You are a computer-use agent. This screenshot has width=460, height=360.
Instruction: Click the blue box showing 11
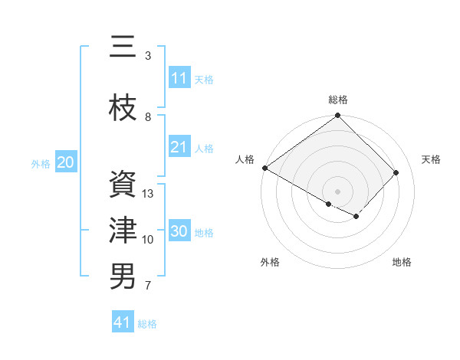pyautogui.click(x=179, y=78)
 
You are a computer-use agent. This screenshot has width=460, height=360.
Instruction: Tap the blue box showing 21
pyautogui.click(x=179, y=147)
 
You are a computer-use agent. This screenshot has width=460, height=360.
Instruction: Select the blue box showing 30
pyautogui.click(x=179, y=231)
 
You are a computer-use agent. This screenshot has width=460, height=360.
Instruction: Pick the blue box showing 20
pyautogui.click(x=66, y=162)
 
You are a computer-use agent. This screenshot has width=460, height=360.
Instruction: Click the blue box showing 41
pyautogui.click(x=123, y=323)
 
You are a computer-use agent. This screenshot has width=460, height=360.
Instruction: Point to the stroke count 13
pyautogui.click(x=148, y=193)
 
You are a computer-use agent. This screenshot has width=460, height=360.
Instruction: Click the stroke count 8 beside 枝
pyautogui.click(x=148, y=116)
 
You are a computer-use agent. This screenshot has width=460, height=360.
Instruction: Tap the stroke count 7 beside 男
pyautogui.click(x=148, y=286)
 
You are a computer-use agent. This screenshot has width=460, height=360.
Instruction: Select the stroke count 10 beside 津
pyautogui.click(x=148, y=240)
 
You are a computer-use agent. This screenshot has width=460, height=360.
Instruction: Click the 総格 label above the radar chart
pyautogui.click(x=338, y=100)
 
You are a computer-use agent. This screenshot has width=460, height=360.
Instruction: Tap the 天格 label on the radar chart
pyautogui.click(x=432, y=159)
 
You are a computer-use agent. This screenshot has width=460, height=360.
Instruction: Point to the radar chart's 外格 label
pyautogui.click(x=270, y=262)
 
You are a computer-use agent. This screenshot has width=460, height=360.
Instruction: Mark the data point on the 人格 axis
pyautogui.click(x=264, y=168)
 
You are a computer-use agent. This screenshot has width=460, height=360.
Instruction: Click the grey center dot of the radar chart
pyautogui.click(x=337, y=191)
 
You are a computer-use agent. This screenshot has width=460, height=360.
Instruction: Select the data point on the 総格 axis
pyautogui.click(x=337, y=116)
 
